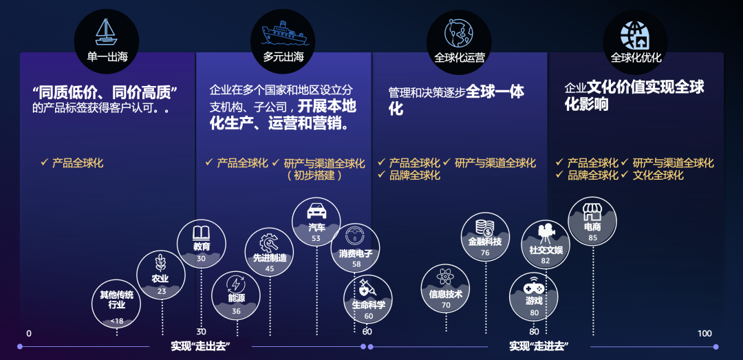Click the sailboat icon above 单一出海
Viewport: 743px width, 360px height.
106,32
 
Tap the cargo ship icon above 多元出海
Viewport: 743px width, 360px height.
283,32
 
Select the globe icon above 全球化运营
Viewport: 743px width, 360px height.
459,32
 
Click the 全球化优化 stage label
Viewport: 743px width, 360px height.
636,57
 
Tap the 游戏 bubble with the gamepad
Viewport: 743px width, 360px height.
534,297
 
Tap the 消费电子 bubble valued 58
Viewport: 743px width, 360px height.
356,248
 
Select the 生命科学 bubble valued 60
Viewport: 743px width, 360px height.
368,299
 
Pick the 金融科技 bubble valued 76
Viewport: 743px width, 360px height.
485,238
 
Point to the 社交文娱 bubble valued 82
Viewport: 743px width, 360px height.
546,245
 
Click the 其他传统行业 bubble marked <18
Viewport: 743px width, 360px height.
116,303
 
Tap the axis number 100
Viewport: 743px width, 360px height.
704,333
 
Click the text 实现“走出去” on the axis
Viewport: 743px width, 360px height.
200,346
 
